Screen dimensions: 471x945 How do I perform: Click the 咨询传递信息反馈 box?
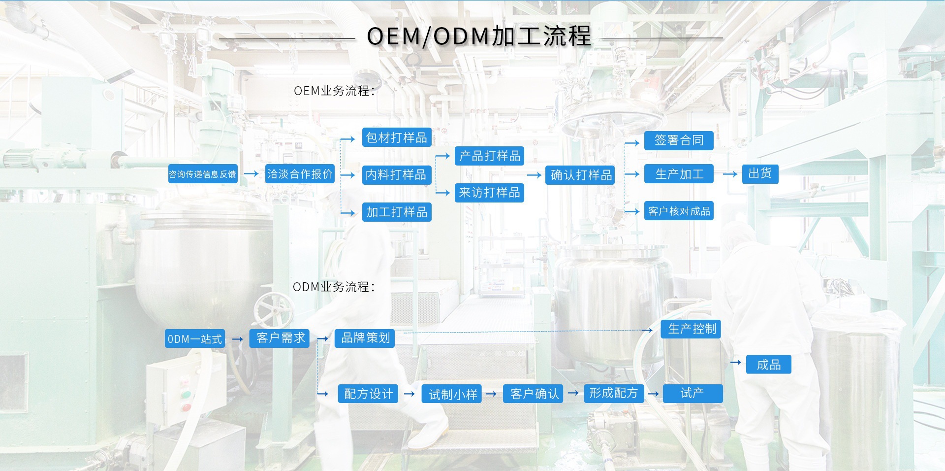coord(202,174)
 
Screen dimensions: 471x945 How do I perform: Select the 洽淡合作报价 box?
coord(300,174)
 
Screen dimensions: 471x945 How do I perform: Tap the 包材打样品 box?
coord(397,137)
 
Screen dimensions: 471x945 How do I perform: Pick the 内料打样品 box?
coord(397,175)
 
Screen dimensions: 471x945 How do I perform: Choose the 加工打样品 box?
coord(397,212)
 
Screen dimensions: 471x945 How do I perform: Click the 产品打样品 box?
coord(489,156)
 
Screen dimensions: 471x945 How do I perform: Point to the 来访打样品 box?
coord(489,193)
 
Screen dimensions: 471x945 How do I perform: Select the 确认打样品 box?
coord(581,175)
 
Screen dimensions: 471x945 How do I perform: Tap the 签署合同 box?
coord(679,140)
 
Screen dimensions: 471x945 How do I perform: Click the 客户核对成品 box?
coord(679,211)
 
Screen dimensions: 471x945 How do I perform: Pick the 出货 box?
coord(760,174)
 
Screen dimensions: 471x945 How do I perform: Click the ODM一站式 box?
coord(195,339)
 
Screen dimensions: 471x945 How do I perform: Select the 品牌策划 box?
coord(365,338)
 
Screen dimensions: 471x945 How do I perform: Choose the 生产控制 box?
coord(692,329)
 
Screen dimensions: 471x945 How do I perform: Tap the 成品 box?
coord(768,365)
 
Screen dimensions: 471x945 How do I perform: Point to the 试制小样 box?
coord(452,394)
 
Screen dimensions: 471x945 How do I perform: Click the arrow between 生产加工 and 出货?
coord(730,174)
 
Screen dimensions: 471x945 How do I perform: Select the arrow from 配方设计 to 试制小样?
coord(409,394)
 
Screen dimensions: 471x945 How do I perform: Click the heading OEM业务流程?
coord(334,91)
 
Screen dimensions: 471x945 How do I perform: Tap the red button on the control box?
coord(186,407)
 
